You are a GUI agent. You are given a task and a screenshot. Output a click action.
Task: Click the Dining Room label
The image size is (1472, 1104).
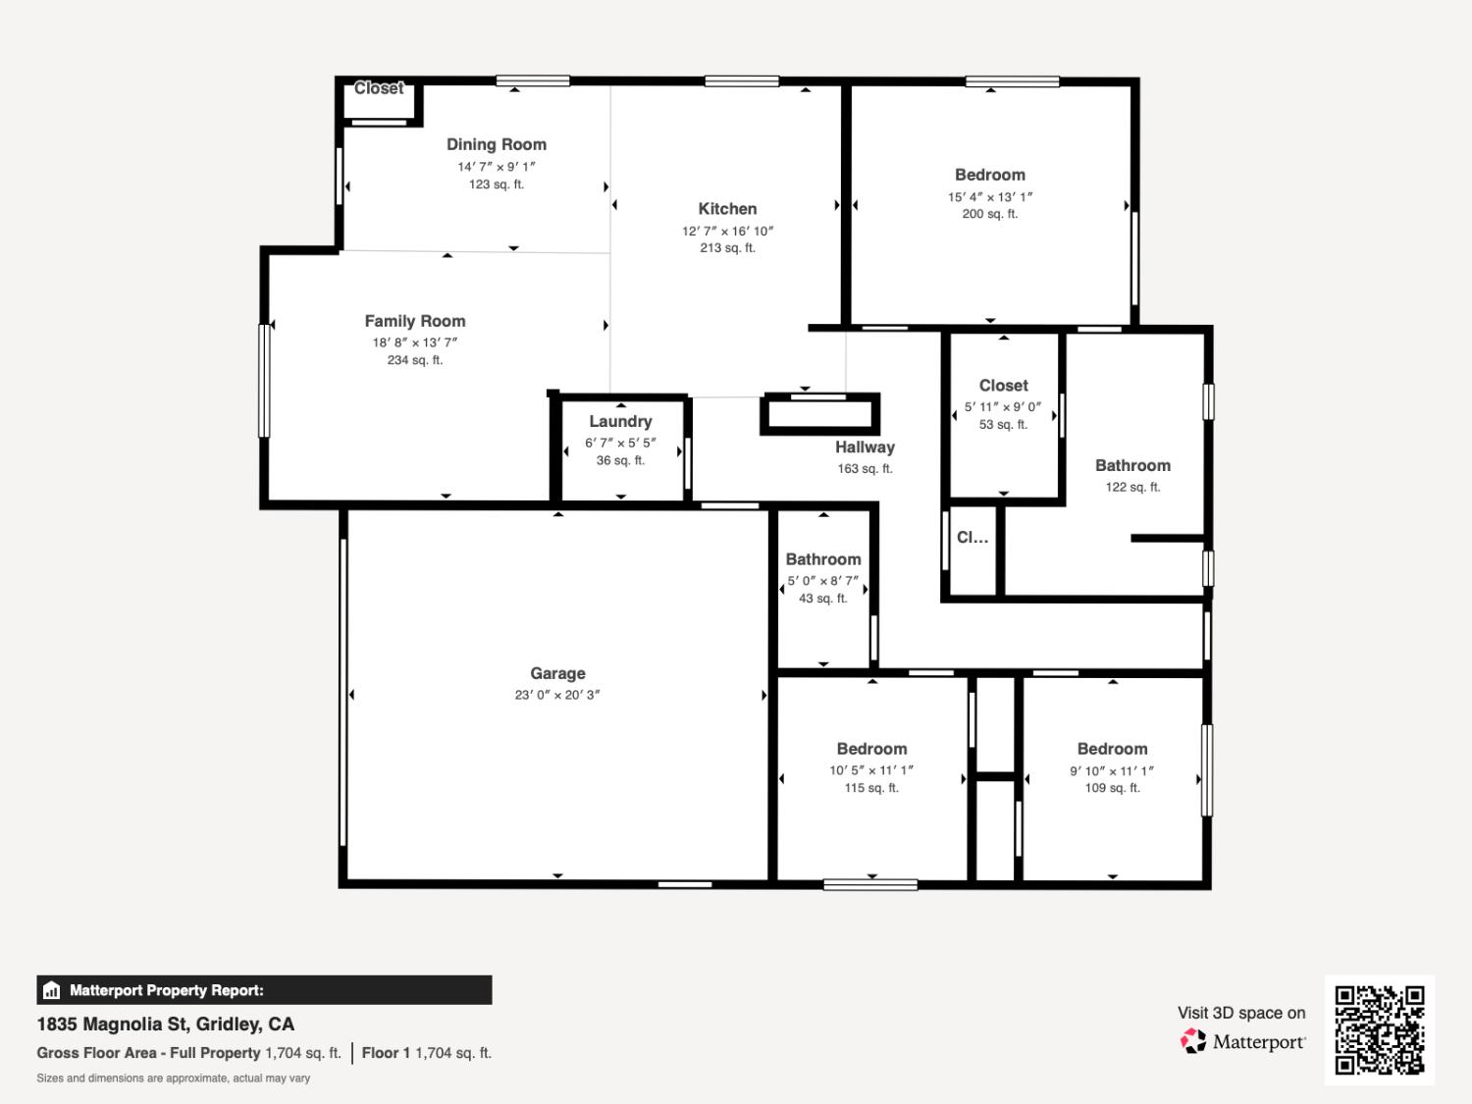pos(496,144)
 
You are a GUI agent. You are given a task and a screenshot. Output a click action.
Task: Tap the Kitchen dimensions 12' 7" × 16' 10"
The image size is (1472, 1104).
pos(727,231)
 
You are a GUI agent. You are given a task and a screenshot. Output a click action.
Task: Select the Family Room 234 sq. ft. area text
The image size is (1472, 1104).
pos(414,360)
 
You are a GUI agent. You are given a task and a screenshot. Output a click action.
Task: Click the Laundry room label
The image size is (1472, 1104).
pos(620,421)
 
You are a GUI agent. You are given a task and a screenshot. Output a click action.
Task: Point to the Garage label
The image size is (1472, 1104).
pos(557,673)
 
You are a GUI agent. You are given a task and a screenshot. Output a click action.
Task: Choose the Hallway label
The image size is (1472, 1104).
pos(865,447)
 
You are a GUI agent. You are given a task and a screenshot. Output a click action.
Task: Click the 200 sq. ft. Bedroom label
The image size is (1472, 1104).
pos(989,175)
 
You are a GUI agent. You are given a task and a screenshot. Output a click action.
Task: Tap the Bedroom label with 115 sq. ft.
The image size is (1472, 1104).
pos(871,749)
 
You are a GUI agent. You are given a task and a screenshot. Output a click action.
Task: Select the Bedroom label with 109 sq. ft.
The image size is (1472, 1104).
pos(1112,749)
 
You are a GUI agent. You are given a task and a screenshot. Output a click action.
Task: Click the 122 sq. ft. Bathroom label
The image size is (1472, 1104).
pos(1132,465)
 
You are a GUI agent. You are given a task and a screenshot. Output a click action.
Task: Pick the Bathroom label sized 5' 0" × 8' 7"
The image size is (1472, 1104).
pos(822,559)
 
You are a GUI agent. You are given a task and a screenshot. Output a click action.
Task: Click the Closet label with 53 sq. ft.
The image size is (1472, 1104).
pos(1003,386)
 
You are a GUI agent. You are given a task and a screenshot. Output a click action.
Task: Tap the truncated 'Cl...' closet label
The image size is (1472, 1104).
pos(972,537)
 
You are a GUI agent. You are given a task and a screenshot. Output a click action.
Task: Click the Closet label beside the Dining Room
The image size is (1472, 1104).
pos(379,88)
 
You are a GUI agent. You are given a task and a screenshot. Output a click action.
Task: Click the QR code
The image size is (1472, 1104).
pos(1379,1029)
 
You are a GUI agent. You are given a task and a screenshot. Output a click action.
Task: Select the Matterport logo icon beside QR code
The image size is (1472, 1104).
pos(1193,1041)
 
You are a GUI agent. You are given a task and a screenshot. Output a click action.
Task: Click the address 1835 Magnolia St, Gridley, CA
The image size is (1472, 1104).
pos(166,1024)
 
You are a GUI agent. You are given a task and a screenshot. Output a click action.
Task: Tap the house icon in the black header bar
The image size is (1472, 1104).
pos(52,990)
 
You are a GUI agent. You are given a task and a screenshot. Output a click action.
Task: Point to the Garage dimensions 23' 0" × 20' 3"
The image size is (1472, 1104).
pos(557,695)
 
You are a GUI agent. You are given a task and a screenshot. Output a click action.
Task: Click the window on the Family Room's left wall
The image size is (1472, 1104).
pos(264,380)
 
